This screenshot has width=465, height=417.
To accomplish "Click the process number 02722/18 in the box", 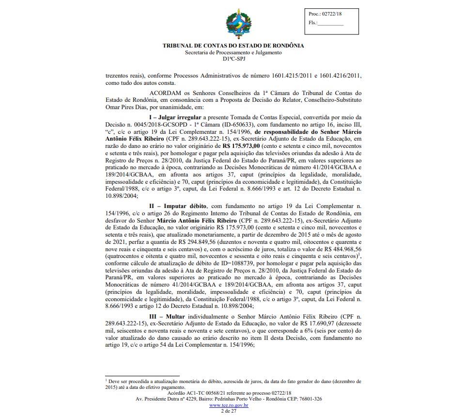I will (x=331, y=15).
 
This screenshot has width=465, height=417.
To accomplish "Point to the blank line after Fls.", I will (x=331, y=23).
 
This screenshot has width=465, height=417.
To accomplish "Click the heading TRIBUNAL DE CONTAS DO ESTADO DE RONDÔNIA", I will (x=233, y=46).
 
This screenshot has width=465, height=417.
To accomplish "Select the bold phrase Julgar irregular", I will (x=182, y=118).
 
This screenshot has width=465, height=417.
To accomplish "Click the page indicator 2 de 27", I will (x=228, y=411).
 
